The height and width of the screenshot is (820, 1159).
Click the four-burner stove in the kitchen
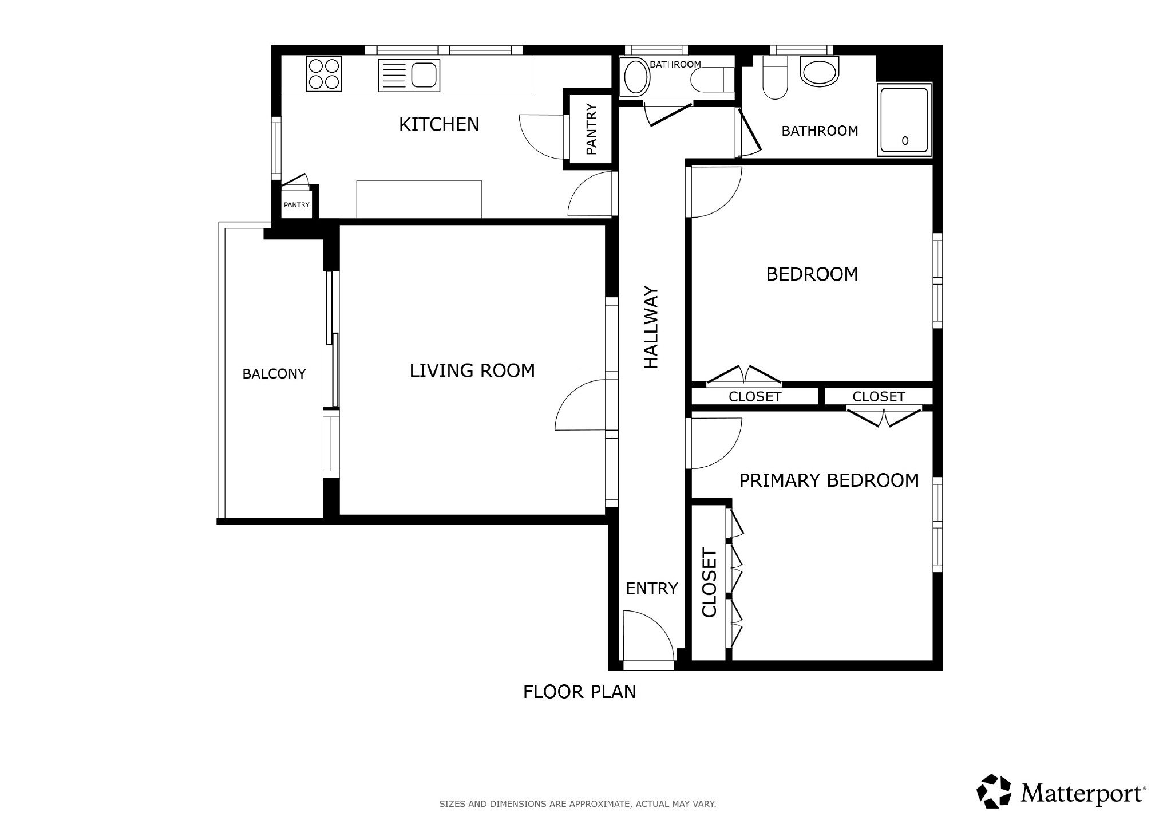[324, 74]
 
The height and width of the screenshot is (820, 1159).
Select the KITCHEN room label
[438, 124]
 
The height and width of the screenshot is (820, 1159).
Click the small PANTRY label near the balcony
[296, 205]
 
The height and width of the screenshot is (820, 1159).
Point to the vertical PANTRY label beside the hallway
[592, 129]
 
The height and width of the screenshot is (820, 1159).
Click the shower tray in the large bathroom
[904, 120]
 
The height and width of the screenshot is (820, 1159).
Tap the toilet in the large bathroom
[776, 78]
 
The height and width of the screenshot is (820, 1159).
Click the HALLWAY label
[652, 327]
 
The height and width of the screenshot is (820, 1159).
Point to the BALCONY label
[274, 374]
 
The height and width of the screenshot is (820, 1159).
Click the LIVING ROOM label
[472, 370]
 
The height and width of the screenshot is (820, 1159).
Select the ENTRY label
[651, 588]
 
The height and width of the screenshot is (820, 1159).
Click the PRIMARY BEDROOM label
[829, 480]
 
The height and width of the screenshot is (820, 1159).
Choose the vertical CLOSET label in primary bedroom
[709, 583]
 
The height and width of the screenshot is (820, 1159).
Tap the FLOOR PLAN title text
[579, 692]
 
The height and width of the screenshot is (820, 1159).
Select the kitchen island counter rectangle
[419, 199]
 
